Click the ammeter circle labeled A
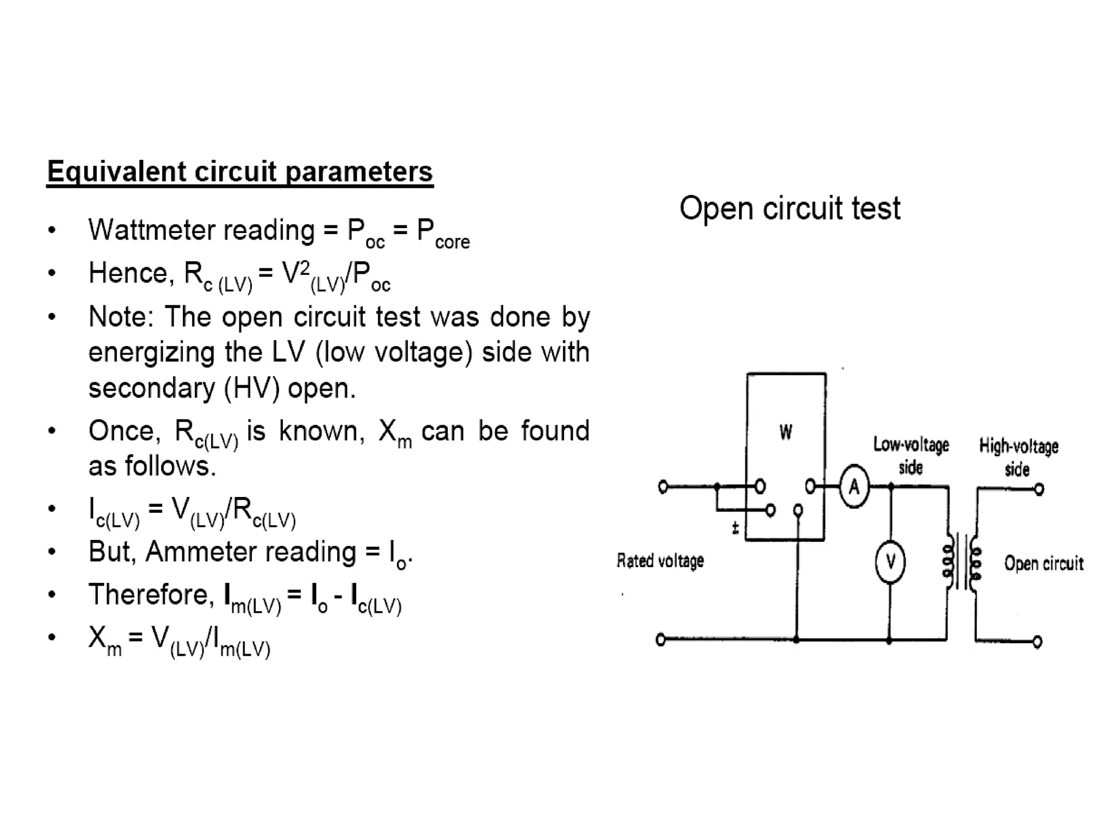pyautogui.click(x=854, y=487)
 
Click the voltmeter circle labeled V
pyautogui.click(x=890, y=562)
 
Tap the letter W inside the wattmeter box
pyautogui.click(x=785, y=432)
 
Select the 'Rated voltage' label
pyautogui.click(x=660, y=561)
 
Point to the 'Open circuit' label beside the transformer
pyautogui.click(x=1044, y=563)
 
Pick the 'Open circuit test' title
pyautogui.click(x=790, y=208)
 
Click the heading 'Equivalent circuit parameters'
pyautogui.click(x=240, y=171)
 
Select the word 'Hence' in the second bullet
pyautogui.click(x=128, y=273)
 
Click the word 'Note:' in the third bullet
pyautogui.click(x=122, y=316)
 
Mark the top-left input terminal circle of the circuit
pyautogui.click(x=663, y=487)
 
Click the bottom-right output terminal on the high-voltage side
pyautogui.click(x=1037, y=642)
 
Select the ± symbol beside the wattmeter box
pyautogui.click(x=735, y=527)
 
